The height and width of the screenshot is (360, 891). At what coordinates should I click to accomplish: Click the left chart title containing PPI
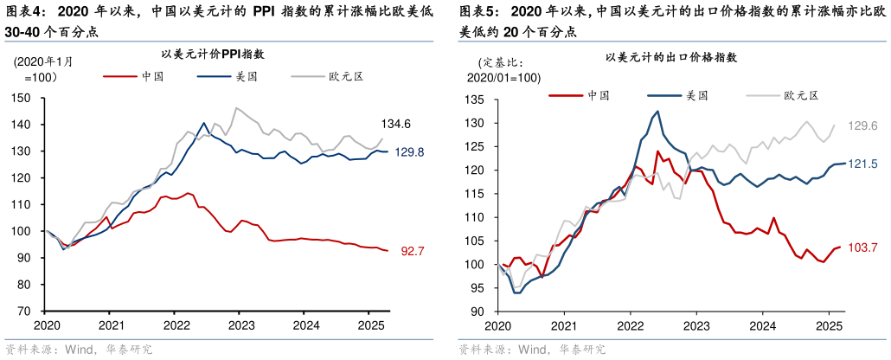(215, 54)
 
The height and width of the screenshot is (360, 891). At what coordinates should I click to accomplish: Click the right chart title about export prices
(671, 58)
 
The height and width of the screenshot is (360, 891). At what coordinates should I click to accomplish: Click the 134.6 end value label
(395, 123)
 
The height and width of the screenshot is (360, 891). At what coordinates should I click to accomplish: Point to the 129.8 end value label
(409, 152)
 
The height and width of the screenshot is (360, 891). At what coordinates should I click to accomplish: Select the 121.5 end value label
(862, 164)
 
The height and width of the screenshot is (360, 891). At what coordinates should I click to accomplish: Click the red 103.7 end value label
(862, 247)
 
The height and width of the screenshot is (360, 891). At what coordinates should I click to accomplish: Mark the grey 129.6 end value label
(862, 125)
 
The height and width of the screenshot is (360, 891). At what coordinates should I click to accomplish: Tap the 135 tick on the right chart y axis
(477, 100)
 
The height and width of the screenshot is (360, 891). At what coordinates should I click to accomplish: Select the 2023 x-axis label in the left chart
(240, 325)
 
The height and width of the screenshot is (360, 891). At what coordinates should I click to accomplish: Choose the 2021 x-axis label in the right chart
(563, 325)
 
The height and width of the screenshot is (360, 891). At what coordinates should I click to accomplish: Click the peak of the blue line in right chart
(657, 111)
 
